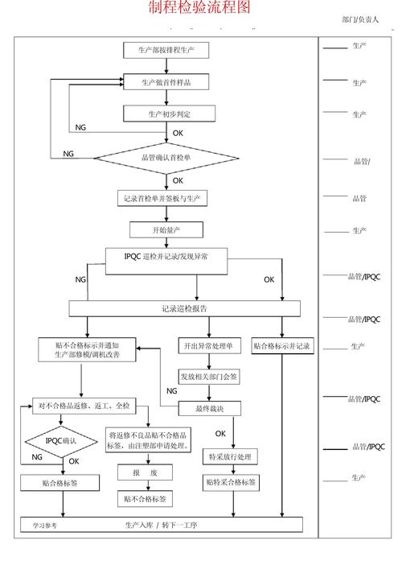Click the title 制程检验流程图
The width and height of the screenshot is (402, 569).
pyautogui.click(x=199, y=9)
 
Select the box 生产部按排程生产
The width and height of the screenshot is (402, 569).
pyautogui.click(x=166, y=50)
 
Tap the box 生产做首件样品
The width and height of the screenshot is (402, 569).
pyautogui.click(x=166, y=82)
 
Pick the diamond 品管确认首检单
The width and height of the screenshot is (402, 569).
pyautogui.click(x=166, y=158)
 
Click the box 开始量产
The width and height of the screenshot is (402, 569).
pyautogui.click(x=166, y=230)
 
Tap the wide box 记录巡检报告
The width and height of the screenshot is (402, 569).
pyautogui.click(x=184, y=308)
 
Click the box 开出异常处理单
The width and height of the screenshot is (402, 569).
pyautogui.click(x=207, y=346)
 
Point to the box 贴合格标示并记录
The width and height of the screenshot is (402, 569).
pyautogui.click(x=281, y=346)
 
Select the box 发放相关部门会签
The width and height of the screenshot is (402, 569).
pyautogui.click(x=208, y=377)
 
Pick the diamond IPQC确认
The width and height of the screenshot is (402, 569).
pyautogui.click(x=61, y=442)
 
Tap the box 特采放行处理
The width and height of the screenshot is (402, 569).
pyautogui.click(x=230, y=457)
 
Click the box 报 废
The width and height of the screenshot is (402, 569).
pyautogui.click(x=146, y=473)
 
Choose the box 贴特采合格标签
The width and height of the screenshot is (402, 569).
pyautogui.click(x=230, y=483)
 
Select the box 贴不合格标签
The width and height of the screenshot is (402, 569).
pyautogui.click(x=146, y=499)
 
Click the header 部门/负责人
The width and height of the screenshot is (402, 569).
pyautogui.click(x=360, y=19)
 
